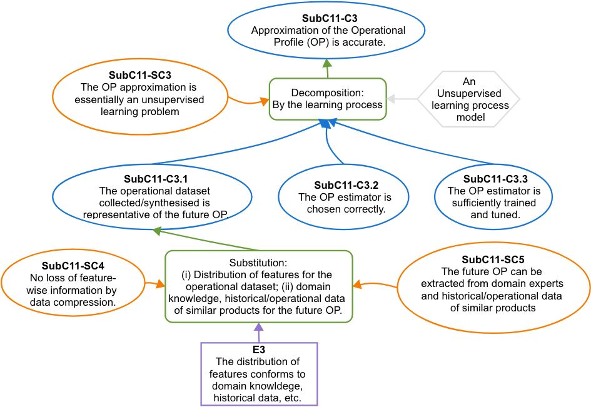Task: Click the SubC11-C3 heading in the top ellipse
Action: click(x=330, y=18)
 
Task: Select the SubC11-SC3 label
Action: click(x=140, y=76)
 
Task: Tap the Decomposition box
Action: click(x=328, y=99)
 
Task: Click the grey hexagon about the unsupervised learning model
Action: click(x=468, y=99)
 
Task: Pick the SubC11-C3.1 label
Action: click(x=156, y=179)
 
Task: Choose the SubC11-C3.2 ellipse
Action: click(x=343, y=196)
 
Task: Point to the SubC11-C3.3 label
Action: click(x=495, y=179)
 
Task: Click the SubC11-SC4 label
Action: click(x=73, y=266)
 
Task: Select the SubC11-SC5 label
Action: click(x=493, y=259)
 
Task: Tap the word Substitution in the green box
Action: click(x=258, y=263)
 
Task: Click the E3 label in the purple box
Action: click(x=259, y=349)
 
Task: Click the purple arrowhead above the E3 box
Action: click(x=258, y=326)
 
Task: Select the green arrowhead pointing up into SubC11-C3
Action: click(x=327, y=63)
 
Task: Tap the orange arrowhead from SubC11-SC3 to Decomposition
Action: click(x=265, y=101)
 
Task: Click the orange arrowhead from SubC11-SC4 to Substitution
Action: click(x=161, y=284)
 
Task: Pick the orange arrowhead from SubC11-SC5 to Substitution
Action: click(x=357, y=284)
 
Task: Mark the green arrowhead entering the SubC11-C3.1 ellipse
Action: click(x=157, y=231)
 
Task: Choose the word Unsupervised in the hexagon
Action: click(x=469, y=93)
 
